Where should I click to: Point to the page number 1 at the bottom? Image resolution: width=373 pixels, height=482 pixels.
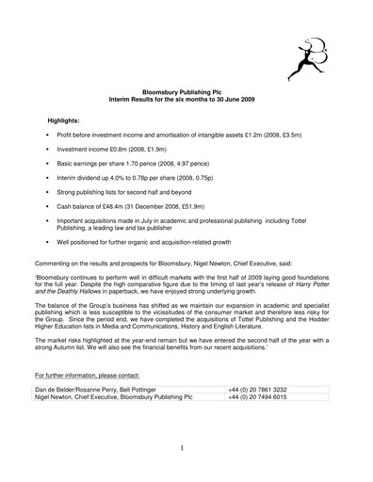point(186,451)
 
